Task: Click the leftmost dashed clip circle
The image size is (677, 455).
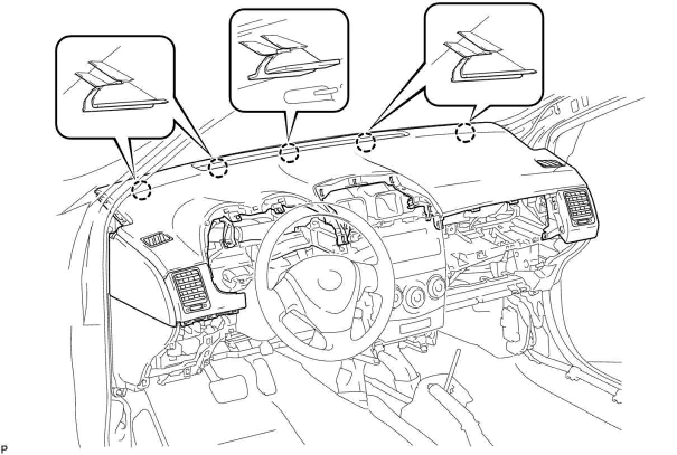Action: click(142, 190)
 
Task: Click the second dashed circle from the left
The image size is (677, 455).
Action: click(218, 167)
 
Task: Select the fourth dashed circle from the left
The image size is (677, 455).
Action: click(365, 142)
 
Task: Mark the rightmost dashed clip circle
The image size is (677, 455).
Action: click(465, 132)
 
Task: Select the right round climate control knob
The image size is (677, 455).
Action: click(438, 287)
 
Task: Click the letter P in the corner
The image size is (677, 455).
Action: click(4, 449)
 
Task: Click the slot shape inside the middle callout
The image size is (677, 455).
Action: click(311, 96)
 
